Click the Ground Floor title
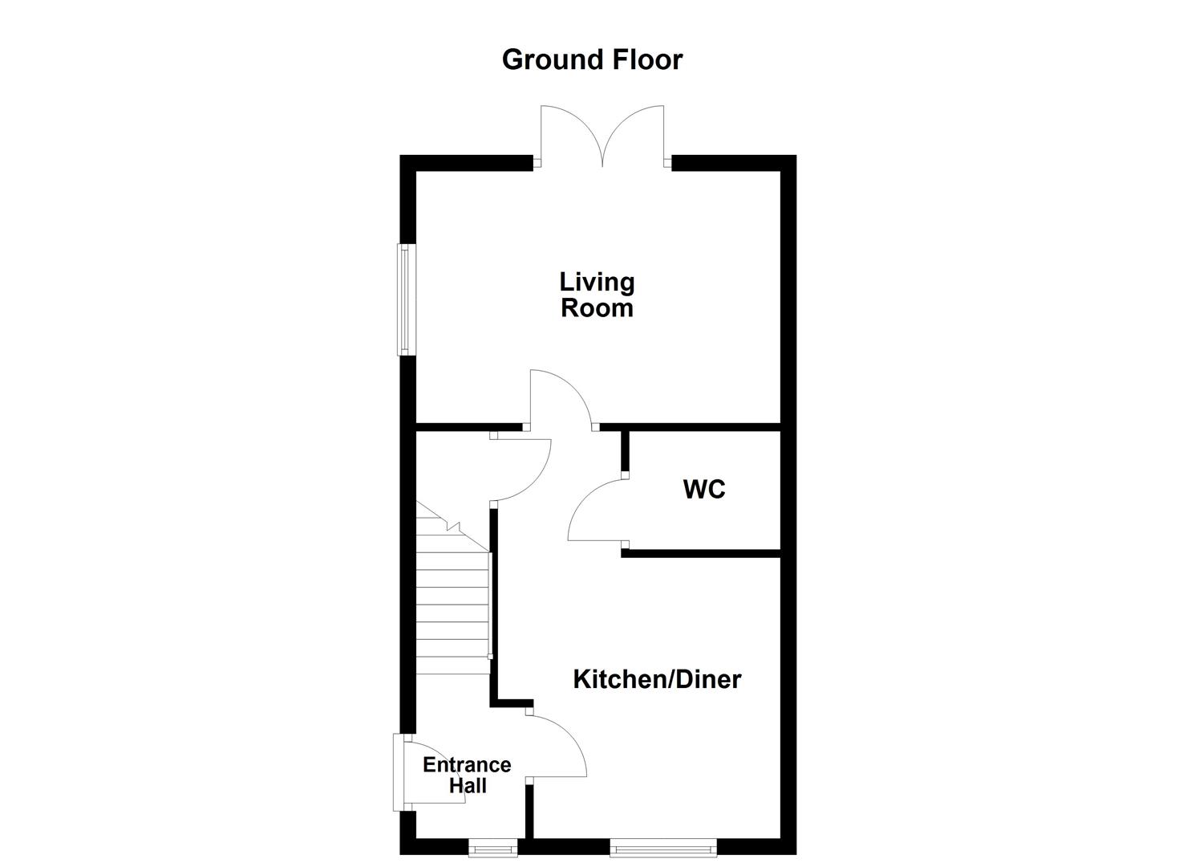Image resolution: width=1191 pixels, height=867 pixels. click(592, 59)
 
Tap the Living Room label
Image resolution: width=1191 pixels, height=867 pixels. click(597, 295)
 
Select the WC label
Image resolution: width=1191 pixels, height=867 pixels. click(704, 489)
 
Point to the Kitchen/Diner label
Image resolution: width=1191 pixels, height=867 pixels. click(657, 679)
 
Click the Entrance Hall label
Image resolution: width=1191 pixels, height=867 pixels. click(467, 775)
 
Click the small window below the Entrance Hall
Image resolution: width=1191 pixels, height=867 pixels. click(493, 846)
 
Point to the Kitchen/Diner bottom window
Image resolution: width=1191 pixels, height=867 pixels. click(662, 846)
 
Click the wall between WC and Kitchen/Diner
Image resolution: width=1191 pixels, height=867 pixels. click(701, 552)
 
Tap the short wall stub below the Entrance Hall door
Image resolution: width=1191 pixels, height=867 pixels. click(529, 811)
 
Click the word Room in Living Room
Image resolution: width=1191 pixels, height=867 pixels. click(597, 308)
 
